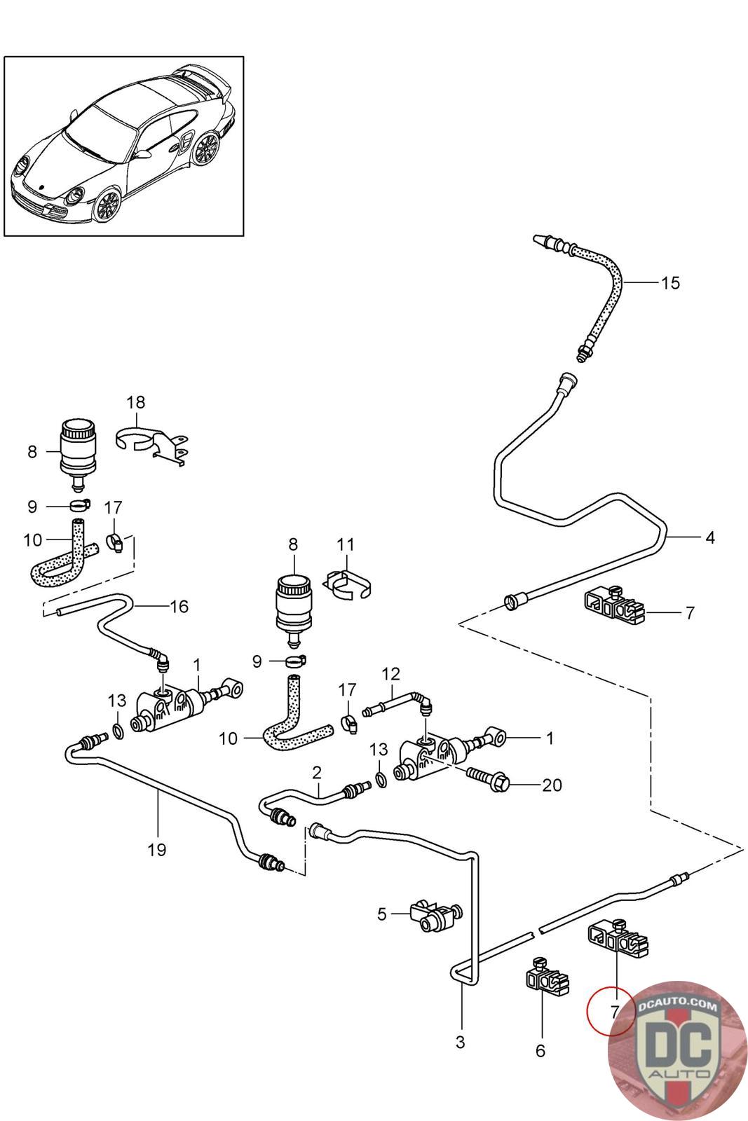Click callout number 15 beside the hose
click(670, 283)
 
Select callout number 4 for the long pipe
click(709, 538)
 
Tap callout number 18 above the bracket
click(136, 402)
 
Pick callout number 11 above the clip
click(346, 544)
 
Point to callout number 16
click(179, 606)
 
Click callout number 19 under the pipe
click(157, 850)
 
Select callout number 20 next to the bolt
click(552, 785)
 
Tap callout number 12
click(390, 674)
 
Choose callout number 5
click(382, 914)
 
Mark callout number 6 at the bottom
click(540, 1051)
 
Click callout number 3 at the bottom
click(460, 1042)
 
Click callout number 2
click(317, 773)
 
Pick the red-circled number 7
click(614, 1012)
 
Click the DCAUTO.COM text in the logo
click(678, 1006)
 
